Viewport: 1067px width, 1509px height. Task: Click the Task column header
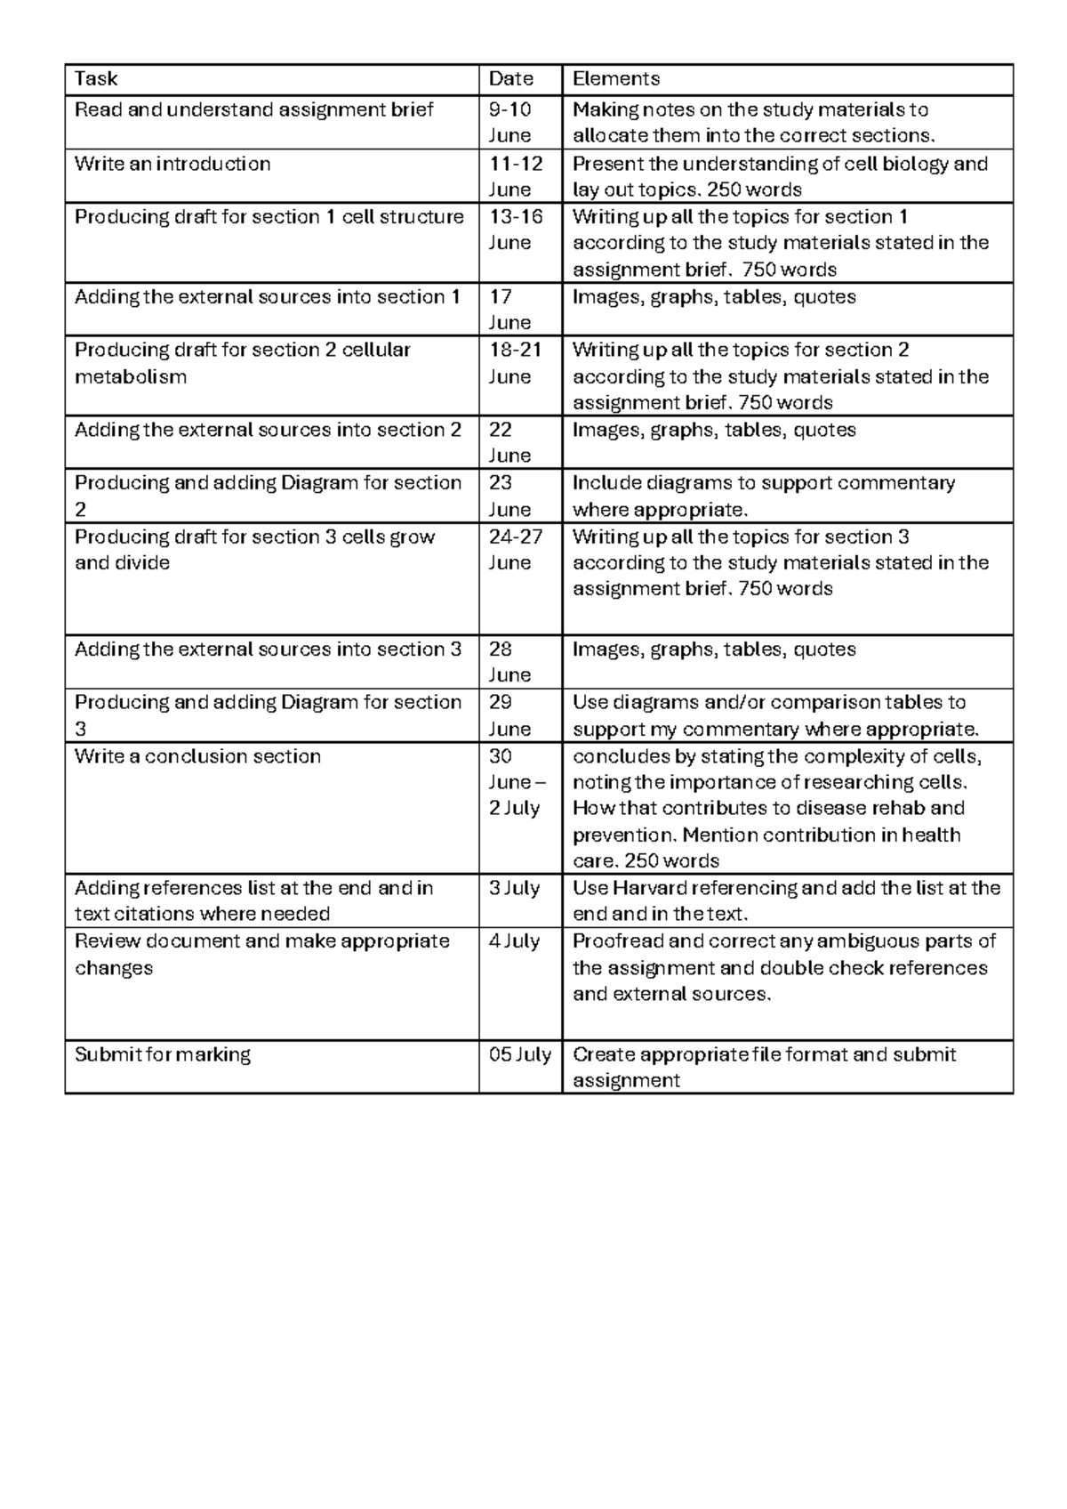tap(96, 79)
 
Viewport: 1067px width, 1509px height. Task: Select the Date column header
tap(511, 79)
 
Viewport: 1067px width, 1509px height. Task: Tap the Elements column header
tap(616, 79)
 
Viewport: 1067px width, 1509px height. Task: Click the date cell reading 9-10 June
tap(511, 123)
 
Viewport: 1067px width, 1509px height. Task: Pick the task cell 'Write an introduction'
tap(172, 165)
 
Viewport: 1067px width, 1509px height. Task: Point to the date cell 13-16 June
tap(516, 230)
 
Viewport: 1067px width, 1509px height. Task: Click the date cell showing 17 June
tap(509, 309)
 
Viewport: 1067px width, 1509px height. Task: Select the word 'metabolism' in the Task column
tap(131, 376)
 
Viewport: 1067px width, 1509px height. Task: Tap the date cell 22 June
tap(509, 442)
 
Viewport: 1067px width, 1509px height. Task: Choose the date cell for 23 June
tap(509, 496)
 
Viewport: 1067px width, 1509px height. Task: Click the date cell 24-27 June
tap(516, 550)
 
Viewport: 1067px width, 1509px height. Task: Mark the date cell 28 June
tap(509, 662)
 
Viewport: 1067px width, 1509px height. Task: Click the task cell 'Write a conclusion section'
tap(197, 756)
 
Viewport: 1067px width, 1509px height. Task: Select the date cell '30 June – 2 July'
tap(516, 782)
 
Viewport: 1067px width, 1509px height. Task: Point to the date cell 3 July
tap(515, 889)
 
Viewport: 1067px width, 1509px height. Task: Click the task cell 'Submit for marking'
tap(163, 1055)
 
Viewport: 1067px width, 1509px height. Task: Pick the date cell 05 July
tap(520, 1055)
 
